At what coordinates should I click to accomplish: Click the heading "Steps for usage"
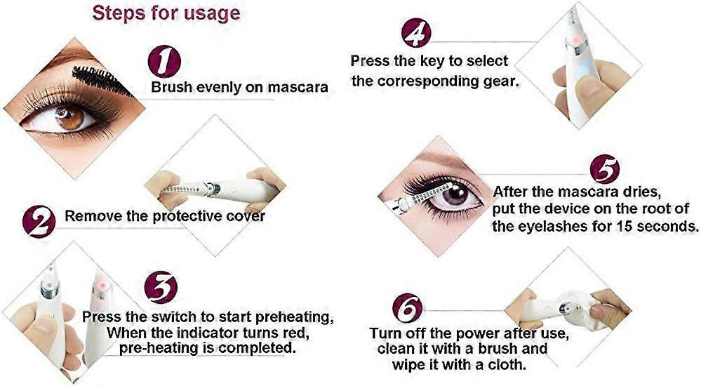click(x=167, y=13)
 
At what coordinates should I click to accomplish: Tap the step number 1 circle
click(x=164, y=62)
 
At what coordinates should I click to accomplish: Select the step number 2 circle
click(x=39, y=221)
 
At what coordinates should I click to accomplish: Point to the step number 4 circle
click(x=417, y=32)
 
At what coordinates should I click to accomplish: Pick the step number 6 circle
click(x=408, y=308)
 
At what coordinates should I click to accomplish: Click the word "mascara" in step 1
click(x=298, y=88)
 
